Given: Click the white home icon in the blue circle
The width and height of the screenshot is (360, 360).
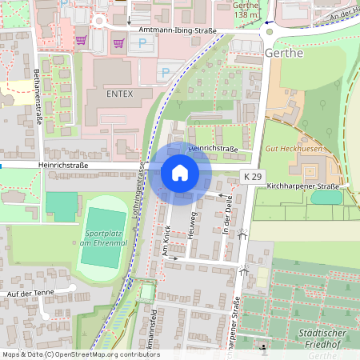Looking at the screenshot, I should tap(180, 172).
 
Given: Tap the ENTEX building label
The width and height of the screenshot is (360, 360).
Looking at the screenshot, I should tap(118, 93).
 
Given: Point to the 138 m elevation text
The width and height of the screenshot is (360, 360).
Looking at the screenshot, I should tap(246, 14).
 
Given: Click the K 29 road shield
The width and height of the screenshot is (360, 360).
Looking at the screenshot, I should tap(253, 176).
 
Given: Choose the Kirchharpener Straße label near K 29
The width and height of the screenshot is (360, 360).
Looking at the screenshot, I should tap(304, 186).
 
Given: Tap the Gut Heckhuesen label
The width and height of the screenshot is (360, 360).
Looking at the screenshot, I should tap(294, 149).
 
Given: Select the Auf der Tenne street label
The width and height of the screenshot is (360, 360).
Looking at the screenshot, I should tap(29, 294).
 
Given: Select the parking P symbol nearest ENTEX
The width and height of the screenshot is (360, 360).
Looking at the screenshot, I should tap(166, 73).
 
